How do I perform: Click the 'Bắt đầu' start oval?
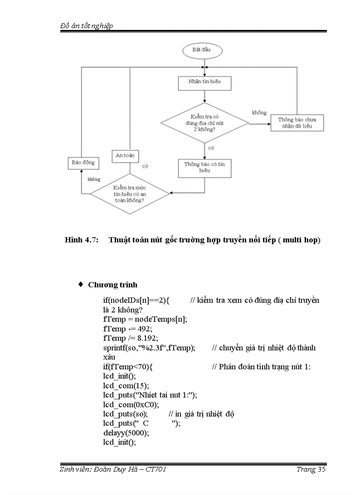tap(201, 50)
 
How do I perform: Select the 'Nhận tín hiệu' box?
tap(204, 82)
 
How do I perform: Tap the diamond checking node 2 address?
tap(205, 123)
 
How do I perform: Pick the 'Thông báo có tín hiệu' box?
tap(204, 167)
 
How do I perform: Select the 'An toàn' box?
tap(124, 156)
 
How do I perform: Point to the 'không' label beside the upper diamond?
tap(259, 113)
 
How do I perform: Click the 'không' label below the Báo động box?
tap(94, 179)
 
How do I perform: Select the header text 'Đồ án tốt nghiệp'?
tap(86, 26)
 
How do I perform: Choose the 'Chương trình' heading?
tap(112, 284)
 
